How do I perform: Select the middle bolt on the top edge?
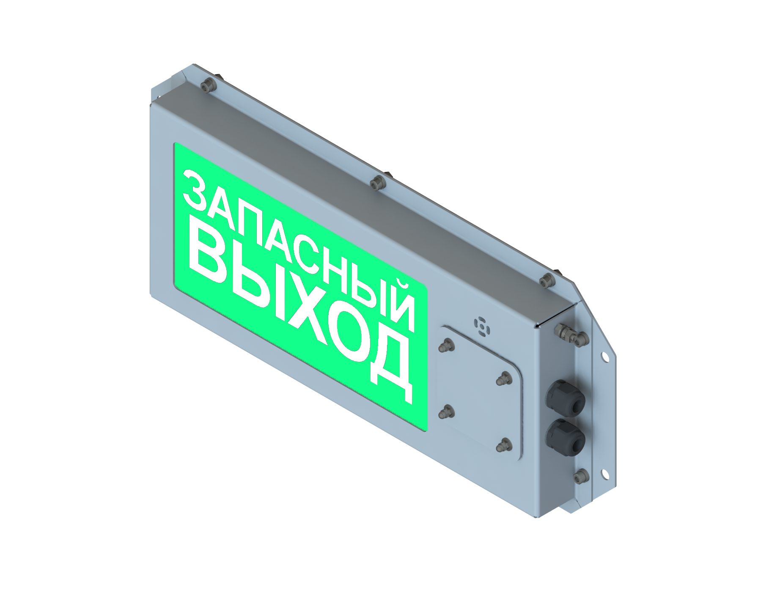376,183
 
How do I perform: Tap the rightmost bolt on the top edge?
547,280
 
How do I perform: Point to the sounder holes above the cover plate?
481,326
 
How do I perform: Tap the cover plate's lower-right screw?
503,444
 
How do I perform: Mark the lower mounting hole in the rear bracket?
605,474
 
